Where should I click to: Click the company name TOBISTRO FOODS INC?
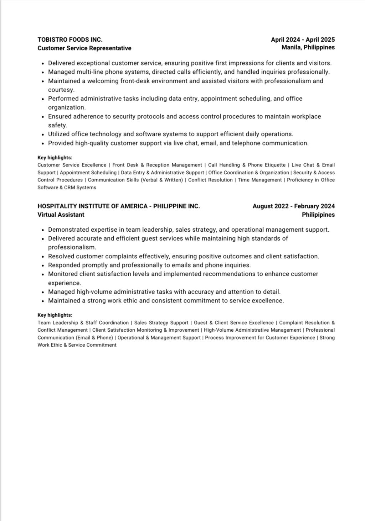[x=70, y=40]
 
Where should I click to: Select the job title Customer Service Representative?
[x=84, y=48]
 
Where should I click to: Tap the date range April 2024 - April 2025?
[x=303, y=40]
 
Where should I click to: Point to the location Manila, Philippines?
[x=308, y=47]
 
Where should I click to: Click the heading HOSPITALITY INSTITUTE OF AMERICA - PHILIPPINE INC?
[x=119, y=206]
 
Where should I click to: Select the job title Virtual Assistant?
[x=61, y=215]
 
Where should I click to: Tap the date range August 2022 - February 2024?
[x=293, y=206]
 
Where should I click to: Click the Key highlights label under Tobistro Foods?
[x=55, y=158]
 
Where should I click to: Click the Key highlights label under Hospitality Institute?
[x=55, y=315]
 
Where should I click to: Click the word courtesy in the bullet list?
[x=61, y=90]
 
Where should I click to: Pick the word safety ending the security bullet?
[x=57, y=125]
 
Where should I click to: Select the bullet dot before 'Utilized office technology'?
[x=43, y=135]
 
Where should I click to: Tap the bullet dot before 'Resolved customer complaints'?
[x=43, y=257]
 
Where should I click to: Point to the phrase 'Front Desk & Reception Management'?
[x=157, y=165]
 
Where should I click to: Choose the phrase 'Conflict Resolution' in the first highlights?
[x=210, y=180]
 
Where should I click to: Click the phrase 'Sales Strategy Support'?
[x=161, y=323]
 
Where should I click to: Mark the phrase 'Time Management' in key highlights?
[x=259, y=180]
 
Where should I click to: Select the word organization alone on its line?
[x=67, y=107]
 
